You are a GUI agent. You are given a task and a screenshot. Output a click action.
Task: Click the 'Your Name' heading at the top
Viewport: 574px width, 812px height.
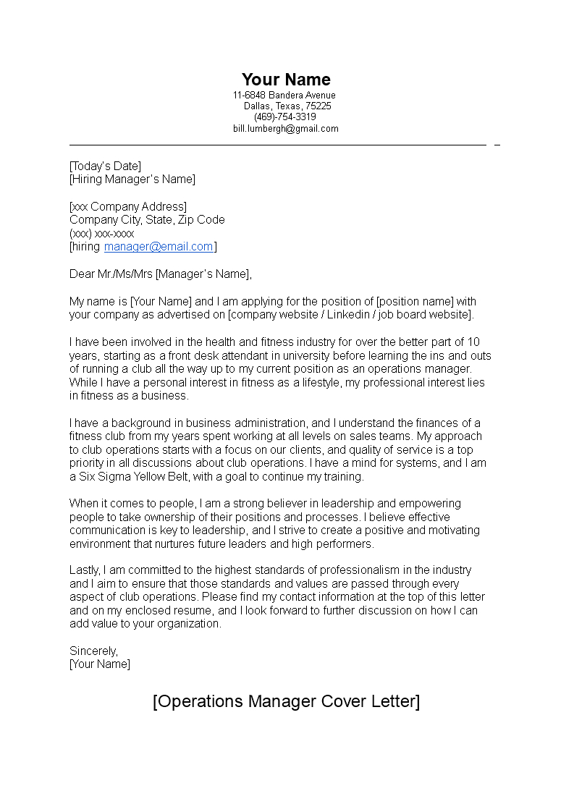(286, 80)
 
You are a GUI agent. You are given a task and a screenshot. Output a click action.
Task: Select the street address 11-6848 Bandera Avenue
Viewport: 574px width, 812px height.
(284, 96)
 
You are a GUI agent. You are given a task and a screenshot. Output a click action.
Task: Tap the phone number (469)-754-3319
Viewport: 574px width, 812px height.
(284, 117)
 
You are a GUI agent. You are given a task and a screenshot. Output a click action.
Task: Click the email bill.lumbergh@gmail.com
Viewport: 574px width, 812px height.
(285, 129)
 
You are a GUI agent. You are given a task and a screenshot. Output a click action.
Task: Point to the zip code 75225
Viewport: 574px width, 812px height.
(318, 106)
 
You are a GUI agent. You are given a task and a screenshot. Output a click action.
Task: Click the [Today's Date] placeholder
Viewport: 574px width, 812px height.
(105, 166)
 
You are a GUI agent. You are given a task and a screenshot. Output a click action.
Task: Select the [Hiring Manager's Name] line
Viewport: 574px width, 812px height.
(132, 179)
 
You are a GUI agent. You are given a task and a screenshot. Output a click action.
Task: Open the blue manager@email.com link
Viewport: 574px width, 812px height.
(159, 247)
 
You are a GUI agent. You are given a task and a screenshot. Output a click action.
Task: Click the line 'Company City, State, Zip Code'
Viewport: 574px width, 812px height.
(147, 220)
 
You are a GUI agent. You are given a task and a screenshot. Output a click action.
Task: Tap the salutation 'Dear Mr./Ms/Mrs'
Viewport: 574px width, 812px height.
(111, 274)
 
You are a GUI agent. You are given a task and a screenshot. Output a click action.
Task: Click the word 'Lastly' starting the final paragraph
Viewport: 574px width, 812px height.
(85, 571)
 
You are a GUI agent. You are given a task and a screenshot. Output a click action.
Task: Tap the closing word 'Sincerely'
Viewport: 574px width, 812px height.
(93, 651)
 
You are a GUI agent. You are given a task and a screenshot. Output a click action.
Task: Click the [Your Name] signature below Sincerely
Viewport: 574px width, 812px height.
(100, 664)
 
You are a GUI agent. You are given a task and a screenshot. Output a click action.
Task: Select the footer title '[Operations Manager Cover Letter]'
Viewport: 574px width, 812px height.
(286, 701)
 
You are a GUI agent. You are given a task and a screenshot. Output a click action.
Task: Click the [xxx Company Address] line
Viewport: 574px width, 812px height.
(128, 207)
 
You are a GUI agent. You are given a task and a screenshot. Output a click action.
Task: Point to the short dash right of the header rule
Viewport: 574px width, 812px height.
(497, 145)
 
